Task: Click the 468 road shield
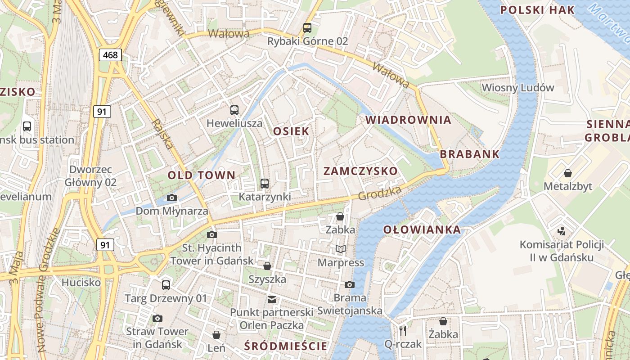(110, 55)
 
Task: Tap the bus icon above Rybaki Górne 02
(307, 27)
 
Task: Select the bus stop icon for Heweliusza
(234, 110)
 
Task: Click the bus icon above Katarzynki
(264, 183)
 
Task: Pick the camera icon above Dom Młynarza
(171, 198)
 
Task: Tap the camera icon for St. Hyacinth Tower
(211, 234)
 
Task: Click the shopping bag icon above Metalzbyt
(568, 173)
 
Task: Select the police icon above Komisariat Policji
(561, 231)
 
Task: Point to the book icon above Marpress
(341, 249)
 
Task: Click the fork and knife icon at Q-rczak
(403, 331)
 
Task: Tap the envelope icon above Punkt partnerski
(271, 299)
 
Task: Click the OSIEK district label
(291, 131)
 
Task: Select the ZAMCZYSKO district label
(360, 171)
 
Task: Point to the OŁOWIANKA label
(422, 229)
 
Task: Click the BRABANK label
(469, 154)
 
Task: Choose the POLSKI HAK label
(537, 10)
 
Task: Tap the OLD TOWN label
(201, 175)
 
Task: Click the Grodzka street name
(380, 193)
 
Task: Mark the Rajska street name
(162, 134)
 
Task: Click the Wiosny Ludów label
(517, 87)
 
